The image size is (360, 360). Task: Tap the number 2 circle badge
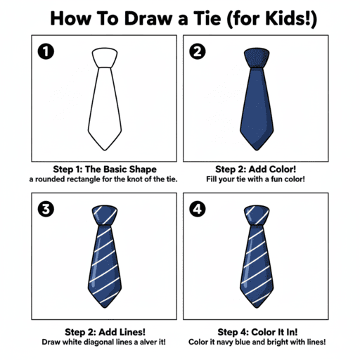click(x=198, y=51)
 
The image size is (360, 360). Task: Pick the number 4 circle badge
click(x=198, y=209)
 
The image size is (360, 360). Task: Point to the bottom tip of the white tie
click(x=105, y=149)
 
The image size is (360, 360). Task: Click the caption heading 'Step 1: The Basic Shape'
click(x=105, y=169)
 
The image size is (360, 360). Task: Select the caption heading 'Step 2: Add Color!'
click(x=255, y=169)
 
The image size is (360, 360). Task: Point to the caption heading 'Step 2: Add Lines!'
click(x=105, y=332)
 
